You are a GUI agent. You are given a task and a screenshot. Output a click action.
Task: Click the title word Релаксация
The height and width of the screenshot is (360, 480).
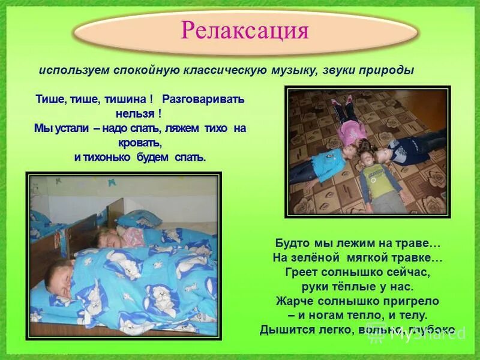coord(244,31)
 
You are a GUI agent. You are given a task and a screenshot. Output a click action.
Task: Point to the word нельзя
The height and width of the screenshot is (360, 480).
coord(136,113)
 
